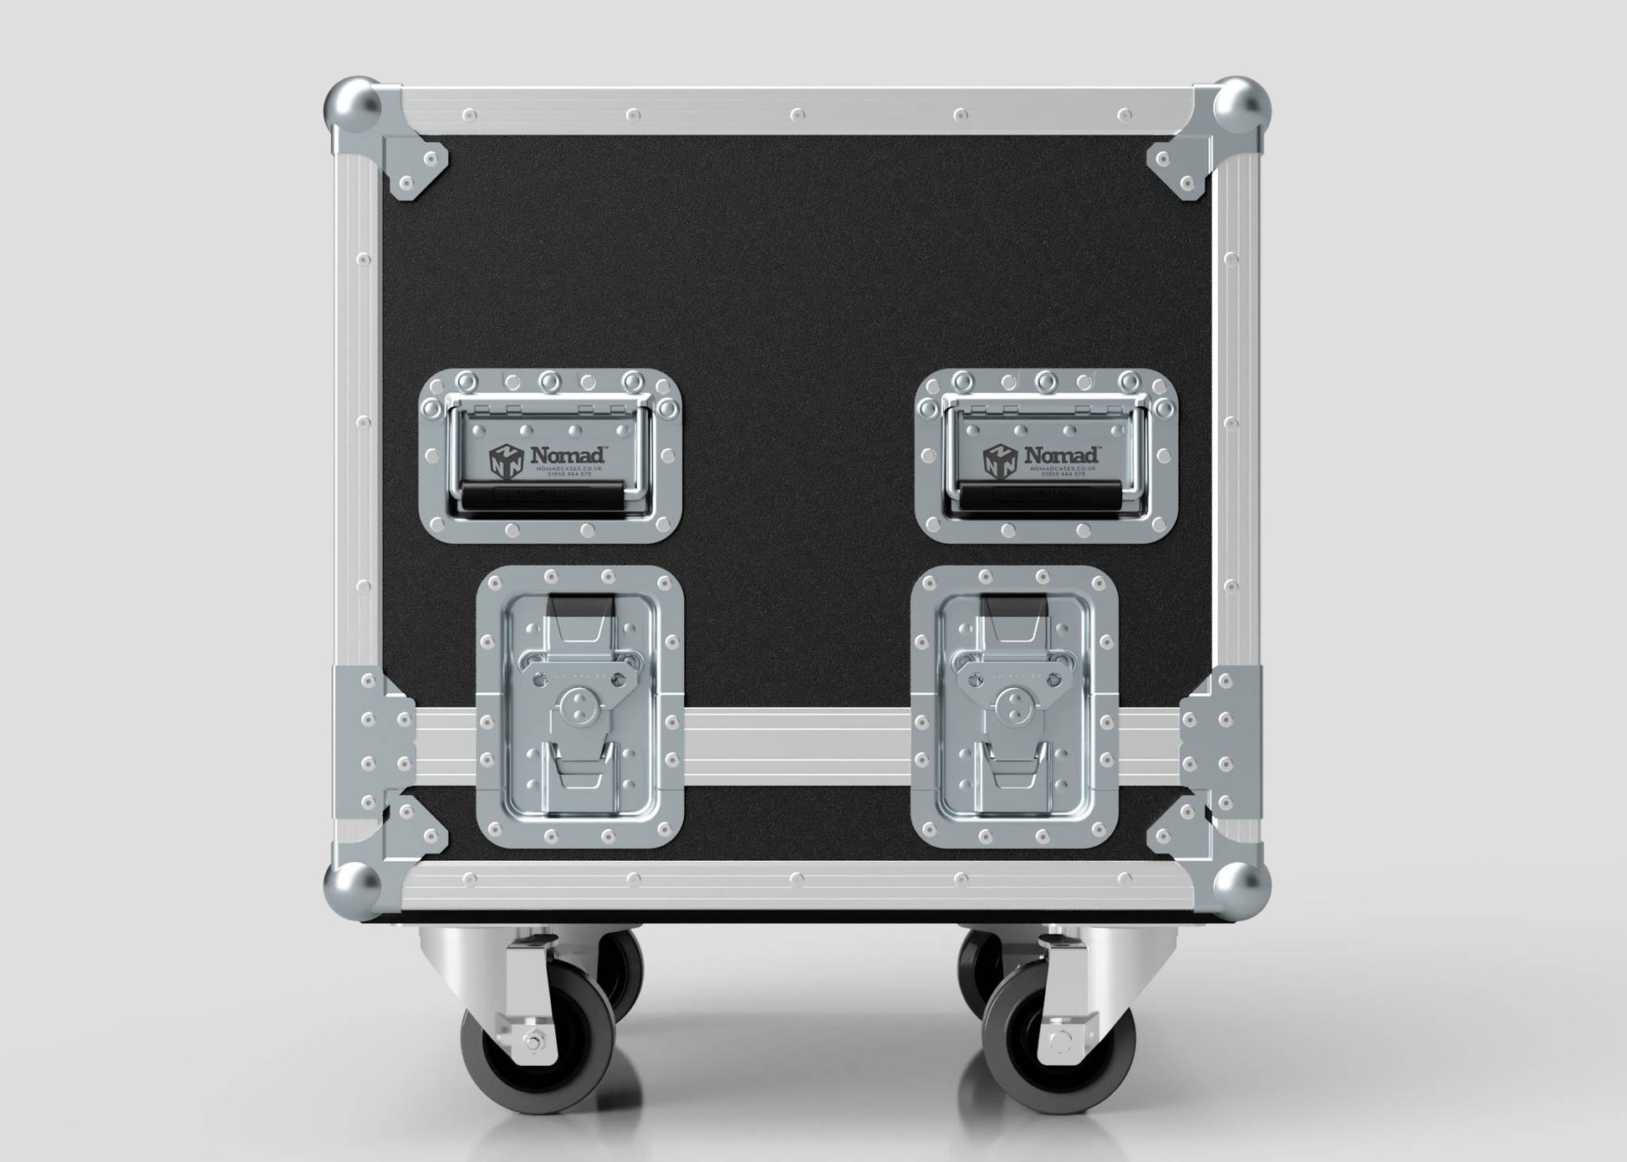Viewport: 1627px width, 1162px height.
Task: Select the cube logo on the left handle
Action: (x=507, y=461)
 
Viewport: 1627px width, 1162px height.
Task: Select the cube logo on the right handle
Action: (x=1000, y=461)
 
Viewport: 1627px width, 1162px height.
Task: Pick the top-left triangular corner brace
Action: (x=415, y=166)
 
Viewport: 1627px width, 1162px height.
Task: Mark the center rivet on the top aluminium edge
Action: (x=797, y=113)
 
